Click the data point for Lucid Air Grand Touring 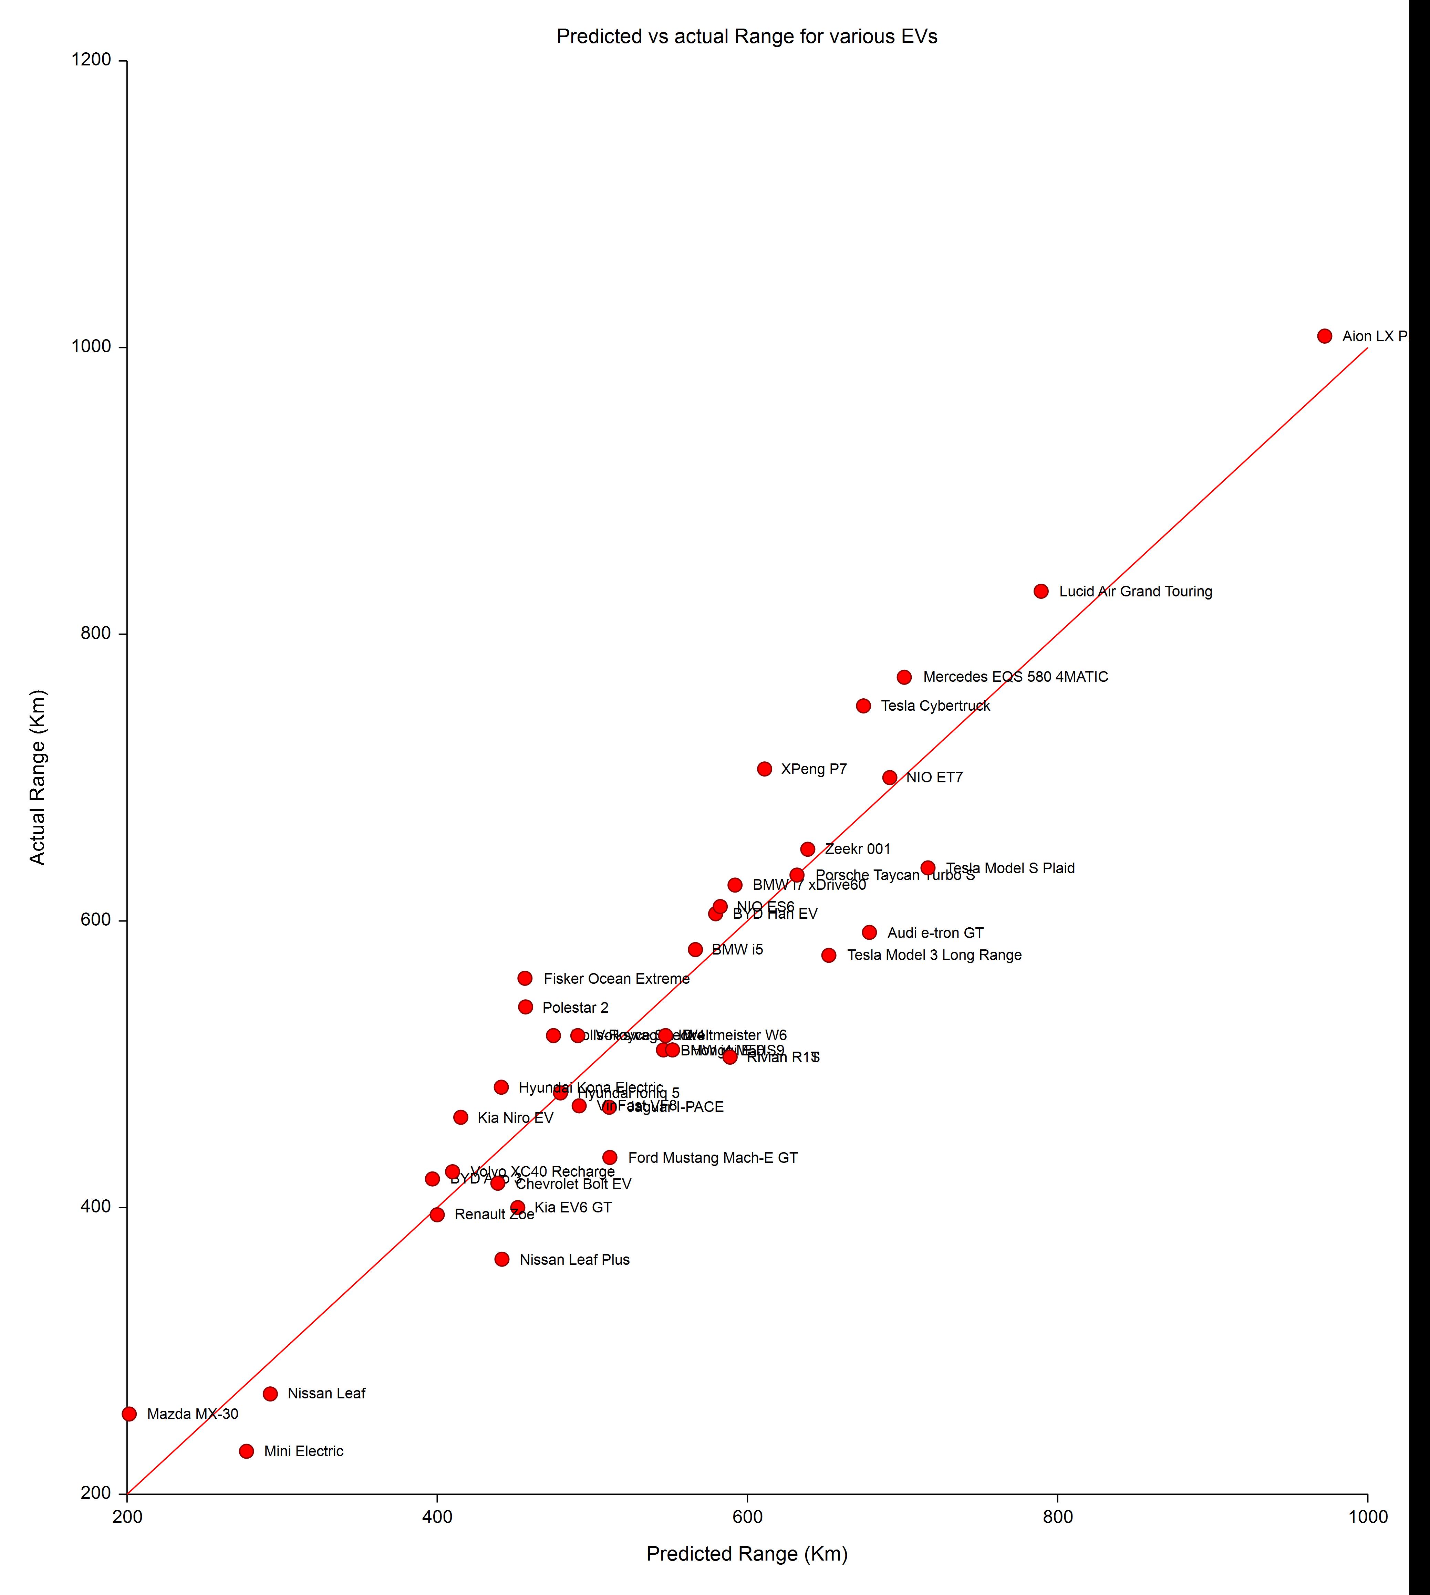click(1041, 591)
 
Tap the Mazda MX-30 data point click(129, 1414)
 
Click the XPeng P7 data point click(765, 769)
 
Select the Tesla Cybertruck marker click(863, 706)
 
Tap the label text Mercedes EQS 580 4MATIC click(1015, 677)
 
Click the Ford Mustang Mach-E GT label click(713, 1157)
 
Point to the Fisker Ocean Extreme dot click(525, 978)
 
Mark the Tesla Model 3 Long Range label click(934, 955)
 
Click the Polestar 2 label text click(575, 1007)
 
